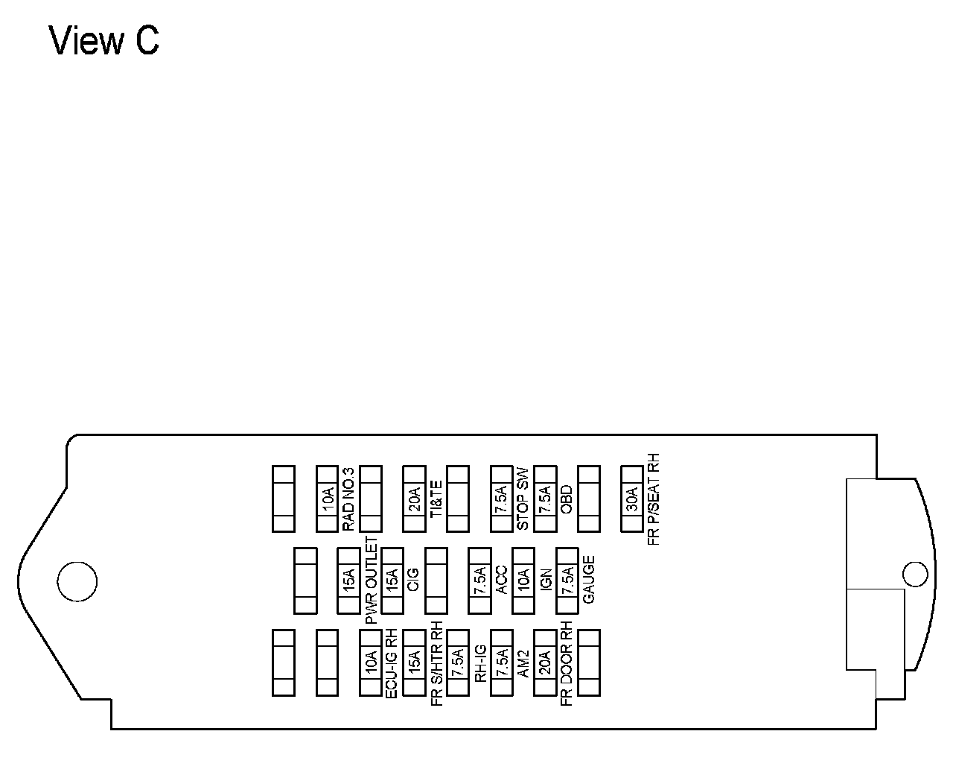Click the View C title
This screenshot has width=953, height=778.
click(104, 41)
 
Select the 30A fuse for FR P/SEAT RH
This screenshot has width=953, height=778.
click(632, 499)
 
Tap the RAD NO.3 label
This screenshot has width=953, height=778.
click(348, 499)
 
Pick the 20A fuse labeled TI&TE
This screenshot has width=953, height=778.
click(414, 499)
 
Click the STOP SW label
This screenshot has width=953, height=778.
click(523, 499)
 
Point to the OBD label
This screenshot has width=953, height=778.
click(566, 499)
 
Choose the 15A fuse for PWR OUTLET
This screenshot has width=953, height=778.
click(348, 581)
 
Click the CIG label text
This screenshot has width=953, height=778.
click(414, 581)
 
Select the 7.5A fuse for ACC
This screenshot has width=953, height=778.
click(479, 581)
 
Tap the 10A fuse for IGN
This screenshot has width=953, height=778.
click(523, 581)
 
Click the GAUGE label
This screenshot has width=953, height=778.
click(588, 581)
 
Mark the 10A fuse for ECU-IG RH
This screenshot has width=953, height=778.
click(370, 662)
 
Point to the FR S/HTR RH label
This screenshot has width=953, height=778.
click(436, 662)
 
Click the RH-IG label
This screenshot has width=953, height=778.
click(480, 662)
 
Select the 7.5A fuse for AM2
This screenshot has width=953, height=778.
click(501, 662)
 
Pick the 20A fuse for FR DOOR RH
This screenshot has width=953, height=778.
click(545, 662)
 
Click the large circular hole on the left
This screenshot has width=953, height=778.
click(77, 581)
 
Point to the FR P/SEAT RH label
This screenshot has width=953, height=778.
click(654, 499)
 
